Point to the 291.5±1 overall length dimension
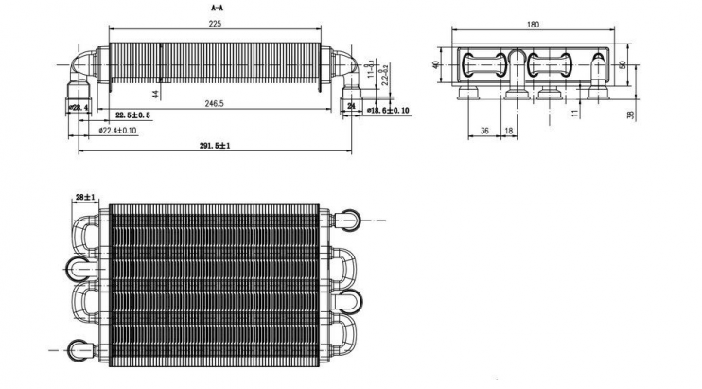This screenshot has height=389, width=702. point(215,146)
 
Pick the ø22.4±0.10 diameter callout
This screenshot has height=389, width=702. point(117,130)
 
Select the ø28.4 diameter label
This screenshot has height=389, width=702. point(79,109)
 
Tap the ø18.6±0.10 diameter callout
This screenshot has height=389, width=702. point(388,111)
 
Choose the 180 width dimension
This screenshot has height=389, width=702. point(533,26)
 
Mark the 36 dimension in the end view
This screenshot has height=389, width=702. point(484,131)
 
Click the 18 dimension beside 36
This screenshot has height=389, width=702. point(509,131)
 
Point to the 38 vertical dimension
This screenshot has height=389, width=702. point(630,114)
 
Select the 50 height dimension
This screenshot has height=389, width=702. point(622,64)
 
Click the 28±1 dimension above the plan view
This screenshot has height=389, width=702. point(85,197)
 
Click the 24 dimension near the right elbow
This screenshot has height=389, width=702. point(351,107)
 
